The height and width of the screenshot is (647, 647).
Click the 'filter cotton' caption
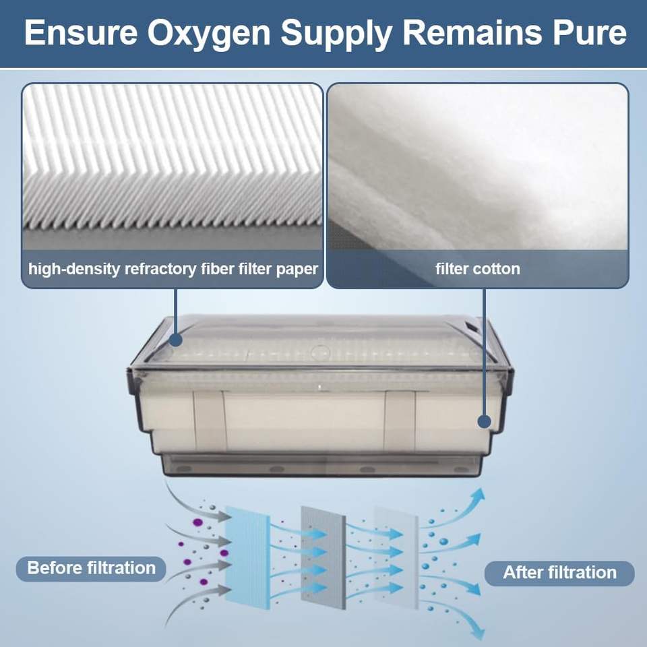point(477,269)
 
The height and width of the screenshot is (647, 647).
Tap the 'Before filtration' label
point(91,567)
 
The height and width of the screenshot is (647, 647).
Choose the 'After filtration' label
point(559,573)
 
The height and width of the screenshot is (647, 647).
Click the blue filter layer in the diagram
point(247,556)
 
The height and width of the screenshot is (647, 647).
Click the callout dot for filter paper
point(175,341)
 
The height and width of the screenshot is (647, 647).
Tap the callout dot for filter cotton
point(483,422)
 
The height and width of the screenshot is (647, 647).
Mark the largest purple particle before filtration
point(198,522)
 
